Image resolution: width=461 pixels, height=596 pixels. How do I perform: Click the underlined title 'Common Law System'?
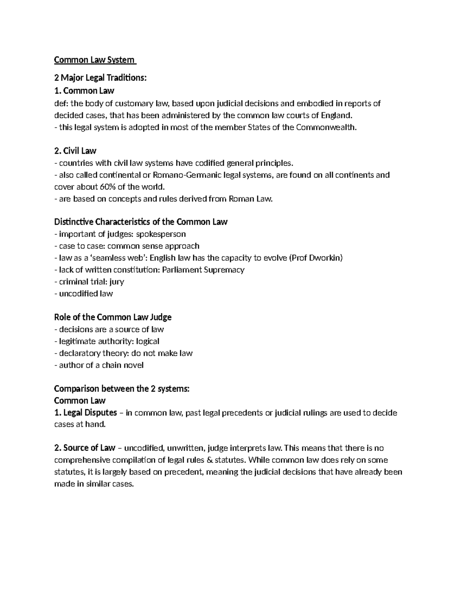[x=95, y=60]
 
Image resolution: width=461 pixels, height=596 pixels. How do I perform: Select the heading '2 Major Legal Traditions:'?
[x=100, y=78]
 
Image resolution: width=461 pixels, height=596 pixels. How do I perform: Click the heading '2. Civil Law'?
[x=75, y=151]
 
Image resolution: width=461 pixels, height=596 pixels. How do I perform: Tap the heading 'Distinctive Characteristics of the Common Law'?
[x=141, y=222]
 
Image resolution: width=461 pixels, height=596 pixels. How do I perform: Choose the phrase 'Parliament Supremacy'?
[x=203, y=270]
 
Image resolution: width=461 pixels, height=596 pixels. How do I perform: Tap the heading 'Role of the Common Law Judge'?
[x=113, y=317]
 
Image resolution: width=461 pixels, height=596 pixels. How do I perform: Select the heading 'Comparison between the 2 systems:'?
[x=122, y=389]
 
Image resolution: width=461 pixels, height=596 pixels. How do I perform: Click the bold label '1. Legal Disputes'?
[x=86, y=413]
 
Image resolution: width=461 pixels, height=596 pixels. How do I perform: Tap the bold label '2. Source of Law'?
[x=85, y=448]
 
